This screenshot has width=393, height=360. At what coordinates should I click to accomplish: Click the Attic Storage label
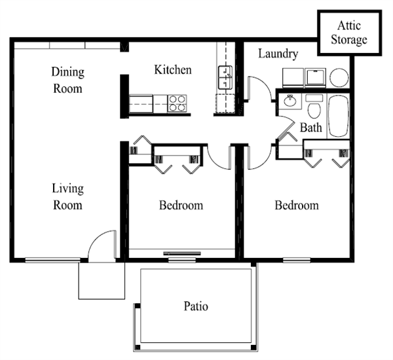pos(349,33)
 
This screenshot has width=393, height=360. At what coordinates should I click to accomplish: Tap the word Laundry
pos(278,54)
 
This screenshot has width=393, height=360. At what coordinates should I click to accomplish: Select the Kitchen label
pos(173,69)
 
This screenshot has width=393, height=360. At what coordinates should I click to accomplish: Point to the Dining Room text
pos(67,80)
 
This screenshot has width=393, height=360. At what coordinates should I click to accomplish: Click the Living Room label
pos(67,196)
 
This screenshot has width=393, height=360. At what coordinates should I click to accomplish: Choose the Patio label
pos(196,306)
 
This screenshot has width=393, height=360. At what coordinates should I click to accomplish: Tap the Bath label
pos(310,127)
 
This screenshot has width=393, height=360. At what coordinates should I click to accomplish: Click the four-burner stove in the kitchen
pos(178,103)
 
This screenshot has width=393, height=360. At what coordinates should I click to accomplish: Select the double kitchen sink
pos(225,77)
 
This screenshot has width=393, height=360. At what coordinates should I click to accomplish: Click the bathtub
pos(339,117)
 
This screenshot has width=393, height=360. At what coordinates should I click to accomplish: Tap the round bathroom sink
pos(290,101)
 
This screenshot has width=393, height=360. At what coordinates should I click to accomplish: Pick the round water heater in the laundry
pos(339,78)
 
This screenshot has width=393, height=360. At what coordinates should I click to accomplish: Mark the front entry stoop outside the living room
pos(102,281)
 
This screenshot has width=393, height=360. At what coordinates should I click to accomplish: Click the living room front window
pos(52,260)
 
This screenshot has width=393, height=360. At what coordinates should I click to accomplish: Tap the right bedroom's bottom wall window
pos(297,260)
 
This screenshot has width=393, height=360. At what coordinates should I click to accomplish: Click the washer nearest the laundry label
pos(293,78)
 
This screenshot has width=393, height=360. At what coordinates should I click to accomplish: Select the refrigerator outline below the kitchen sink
pos(225,103)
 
